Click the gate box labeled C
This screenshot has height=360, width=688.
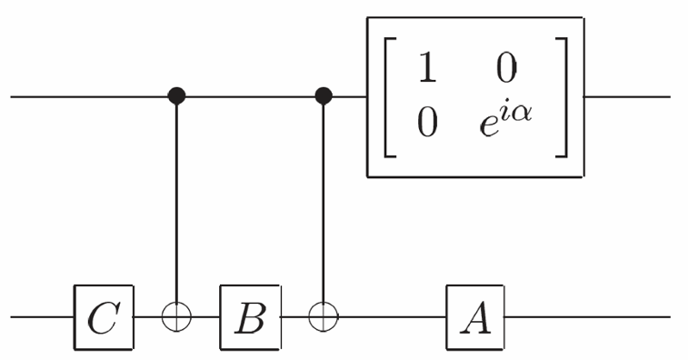[x=104, y=317]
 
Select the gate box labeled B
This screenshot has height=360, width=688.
[x=250, y=317]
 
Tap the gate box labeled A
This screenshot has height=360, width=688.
[x=475, y=317]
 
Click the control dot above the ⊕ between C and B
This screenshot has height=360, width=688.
[x=177, y=95]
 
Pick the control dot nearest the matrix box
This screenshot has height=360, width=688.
[x=324, y=95]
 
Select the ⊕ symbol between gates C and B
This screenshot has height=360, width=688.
[x=177, y=316]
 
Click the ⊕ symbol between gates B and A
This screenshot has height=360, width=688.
[x=324, y=316]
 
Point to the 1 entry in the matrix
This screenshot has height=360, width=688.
[x=427, y=67]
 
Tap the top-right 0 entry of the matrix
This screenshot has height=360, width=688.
[x=506, y=67]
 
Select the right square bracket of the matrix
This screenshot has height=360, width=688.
[x=562, y=97]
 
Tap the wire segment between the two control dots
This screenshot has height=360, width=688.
[x=251, y=95]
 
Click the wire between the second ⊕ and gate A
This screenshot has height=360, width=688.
[x=393, y=316]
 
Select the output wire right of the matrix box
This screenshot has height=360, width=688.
[x=627, y=96]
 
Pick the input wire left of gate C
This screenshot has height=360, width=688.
[x=43, y=316]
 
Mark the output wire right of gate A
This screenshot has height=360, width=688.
[x=587, y=316]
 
